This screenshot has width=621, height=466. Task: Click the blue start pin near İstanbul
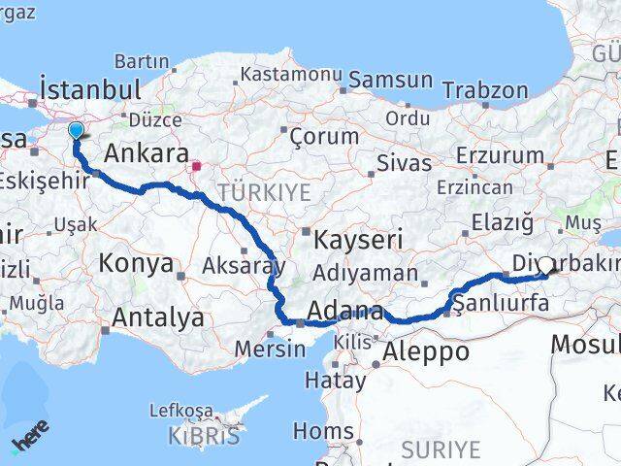(76, 130)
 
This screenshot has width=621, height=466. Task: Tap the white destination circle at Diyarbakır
(546, 265)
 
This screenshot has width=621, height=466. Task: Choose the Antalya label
(158, 317)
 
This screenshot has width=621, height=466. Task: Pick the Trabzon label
(485, 90)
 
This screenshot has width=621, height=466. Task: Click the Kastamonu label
(291, 74)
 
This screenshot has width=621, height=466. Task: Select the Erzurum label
(499, 155)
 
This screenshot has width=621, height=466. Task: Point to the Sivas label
(403, 162)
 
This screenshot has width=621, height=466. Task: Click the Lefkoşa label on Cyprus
(181, 410)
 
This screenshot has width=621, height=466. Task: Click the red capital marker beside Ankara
(196, 166)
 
